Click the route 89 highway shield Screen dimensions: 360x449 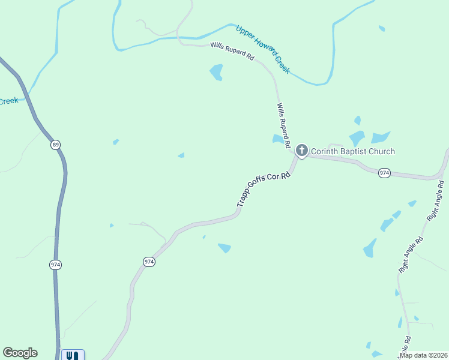tap(56, 145)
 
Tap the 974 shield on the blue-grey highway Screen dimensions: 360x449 tap(56, 264)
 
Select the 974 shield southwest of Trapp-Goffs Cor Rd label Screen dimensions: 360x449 tap(149, 262)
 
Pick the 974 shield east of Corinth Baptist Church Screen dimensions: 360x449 tap(385, 173)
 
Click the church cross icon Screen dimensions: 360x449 tap(301, 150)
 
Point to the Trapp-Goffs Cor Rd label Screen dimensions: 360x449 tap(264, 190)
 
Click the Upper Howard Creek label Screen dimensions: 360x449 tap(263, 49)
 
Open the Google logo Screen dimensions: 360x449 tap(20, 353)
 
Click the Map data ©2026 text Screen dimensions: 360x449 tap(423, 355)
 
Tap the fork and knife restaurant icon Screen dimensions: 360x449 tap(72, 355)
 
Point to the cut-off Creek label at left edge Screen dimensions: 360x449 tap(8, 101)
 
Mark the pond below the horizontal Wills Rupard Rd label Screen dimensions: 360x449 tap(216, 73)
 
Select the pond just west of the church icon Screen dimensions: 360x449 tap(278, 139)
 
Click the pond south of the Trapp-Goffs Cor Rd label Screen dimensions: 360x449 tap(224, 247)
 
